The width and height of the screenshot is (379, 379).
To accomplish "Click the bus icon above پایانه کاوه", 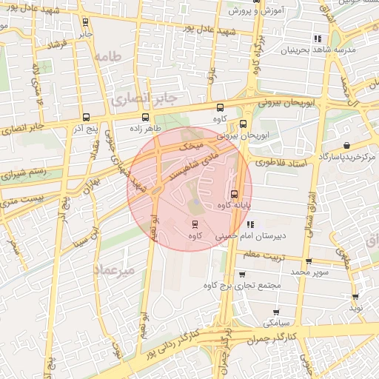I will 234,194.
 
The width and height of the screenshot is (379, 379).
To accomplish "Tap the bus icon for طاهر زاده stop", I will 145,117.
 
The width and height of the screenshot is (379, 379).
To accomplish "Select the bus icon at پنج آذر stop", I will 87,117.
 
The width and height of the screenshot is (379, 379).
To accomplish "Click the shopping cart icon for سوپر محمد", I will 309,261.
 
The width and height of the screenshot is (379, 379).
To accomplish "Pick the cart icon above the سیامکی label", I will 276,312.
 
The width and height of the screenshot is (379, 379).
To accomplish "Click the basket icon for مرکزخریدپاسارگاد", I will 346,145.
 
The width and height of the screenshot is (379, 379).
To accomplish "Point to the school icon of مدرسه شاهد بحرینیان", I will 318,38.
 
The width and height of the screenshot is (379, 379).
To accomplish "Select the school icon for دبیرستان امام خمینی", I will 250,224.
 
